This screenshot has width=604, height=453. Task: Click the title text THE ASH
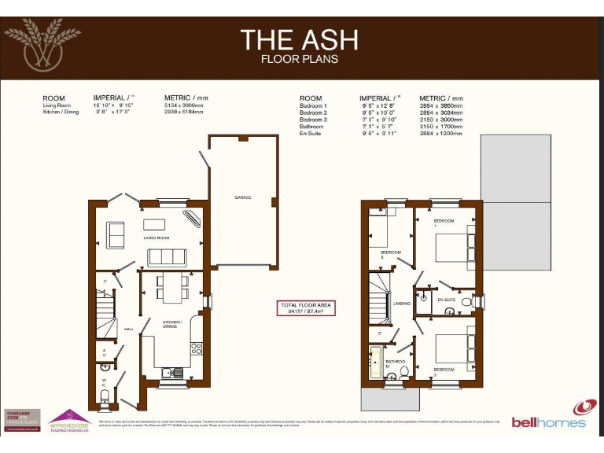tap(299, 39)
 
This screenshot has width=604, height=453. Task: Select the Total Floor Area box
tap(307, 308)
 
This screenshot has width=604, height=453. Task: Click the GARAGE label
tap(243, 197)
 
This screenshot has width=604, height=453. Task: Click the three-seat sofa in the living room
tap(167, 256)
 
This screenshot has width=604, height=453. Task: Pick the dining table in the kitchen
tap(172, 288)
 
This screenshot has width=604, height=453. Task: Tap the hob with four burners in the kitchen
tap(196, 347)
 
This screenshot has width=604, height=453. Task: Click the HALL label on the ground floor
tap(129, 330)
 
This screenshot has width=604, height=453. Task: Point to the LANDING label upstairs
tap(403, 304)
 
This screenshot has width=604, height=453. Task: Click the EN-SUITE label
tap(446, 300)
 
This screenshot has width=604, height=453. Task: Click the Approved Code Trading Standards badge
tap(72, 420)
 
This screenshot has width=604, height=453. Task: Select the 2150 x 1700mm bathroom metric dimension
tap(441, 127)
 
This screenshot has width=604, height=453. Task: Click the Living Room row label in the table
tap(56, 105)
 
